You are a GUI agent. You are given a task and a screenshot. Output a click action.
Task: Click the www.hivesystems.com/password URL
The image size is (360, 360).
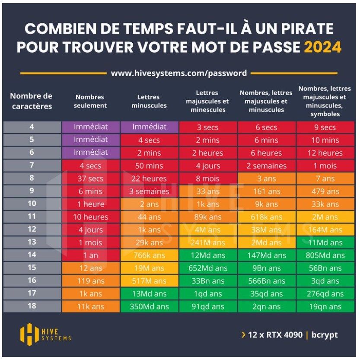pyautogui.click(x=179, y=73)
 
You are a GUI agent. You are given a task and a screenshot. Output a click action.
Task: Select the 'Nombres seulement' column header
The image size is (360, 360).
pyautogui.click(x=90, y=101)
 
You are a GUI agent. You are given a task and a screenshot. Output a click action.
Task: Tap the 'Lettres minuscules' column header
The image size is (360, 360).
pyautogui.click(x=149, y=101)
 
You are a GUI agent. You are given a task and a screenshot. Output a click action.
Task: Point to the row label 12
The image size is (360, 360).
pyautogui.click(x=32, y=229)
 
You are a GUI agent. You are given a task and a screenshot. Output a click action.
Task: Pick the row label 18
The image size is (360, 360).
pyautogui.click(x=32, y=306)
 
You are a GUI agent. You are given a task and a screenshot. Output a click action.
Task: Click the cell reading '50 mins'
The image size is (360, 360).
pyautogui.click(x=149, y=166)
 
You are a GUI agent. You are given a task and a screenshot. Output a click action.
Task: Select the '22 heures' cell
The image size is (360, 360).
pyautogui.click(x=149, y=178)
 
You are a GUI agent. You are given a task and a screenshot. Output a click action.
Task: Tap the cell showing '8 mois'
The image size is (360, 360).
pyautogui.click(x=208, y=178)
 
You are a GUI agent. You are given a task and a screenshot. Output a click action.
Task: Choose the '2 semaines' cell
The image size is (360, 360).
pyautogui.click(x=267, y=166)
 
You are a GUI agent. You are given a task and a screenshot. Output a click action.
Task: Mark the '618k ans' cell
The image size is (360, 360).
pyautogui.click(x=267, y=217)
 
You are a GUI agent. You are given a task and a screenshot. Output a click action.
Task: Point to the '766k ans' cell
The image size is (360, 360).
pyautogui.click(x=149, y=255)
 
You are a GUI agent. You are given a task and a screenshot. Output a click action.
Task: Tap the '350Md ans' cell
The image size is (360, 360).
pyautogui.click(x=149, y=307)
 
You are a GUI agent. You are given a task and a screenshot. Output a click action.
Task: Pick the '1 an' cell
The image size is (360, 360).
pyautogui.click(x=90, y=255)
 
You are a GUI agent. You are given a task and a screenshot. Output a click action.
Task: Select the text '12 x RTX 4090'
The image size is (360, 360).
pyautogui.click(x=275, y=335)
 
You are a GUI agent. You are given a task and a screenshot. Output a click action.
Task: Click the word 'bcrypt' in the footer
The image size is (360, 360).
pyautogui.click(x=325, y=335)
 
